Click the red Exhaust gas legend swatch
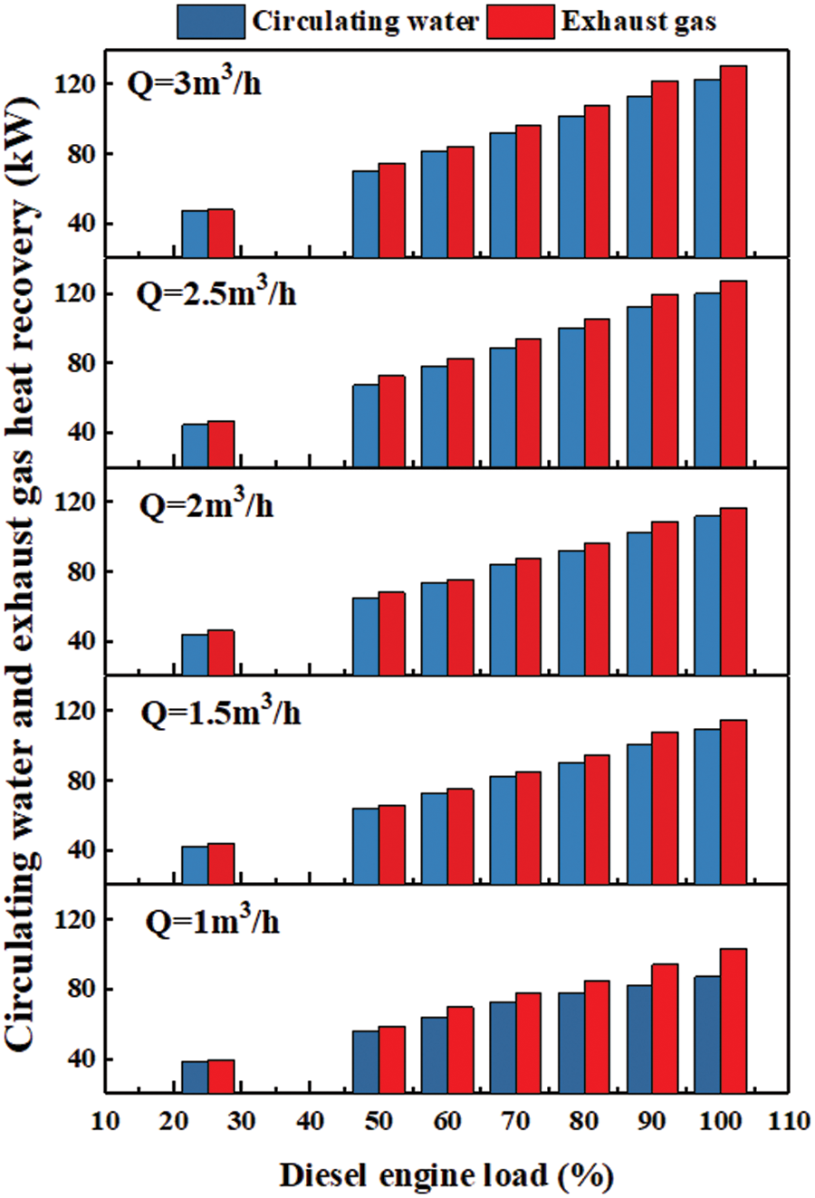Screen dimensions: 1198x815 click(521, 21)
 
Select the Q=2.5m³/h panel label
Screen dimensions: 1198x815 click(216, 293)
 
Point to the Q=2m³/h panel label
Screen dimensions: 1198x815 click(206, 503)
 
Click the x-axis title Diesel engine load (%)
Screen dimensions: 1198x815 click(446, 1175)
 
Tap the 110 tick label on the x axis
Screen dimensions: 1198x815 click(788, 1123)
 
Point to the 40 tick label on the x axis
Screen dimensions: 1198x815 click(311, 1123)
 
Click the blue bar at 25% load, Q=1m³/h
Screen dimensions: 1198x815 click(195, 1077)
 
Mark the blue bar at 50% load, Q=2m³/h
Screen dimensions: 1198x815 click(366, 636)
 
